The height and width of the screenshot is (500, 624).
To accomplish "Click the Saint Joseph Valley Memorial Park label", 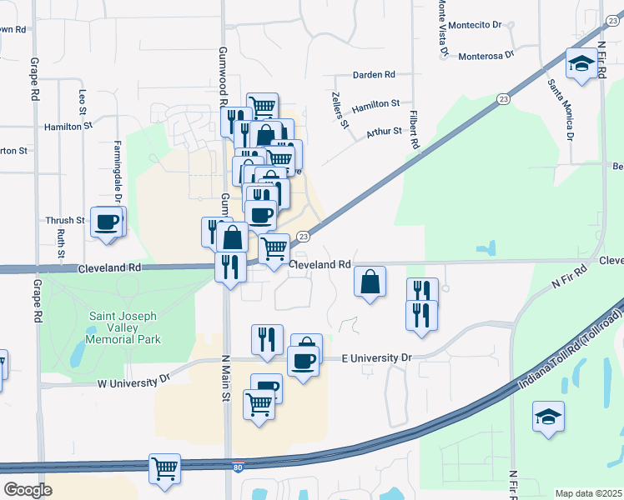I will point(125,327).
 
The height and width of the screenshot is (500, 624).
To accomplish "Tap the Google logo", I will point(28,489).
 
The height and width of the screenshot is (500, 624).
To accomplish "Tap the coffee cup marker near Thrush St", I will point(107,222).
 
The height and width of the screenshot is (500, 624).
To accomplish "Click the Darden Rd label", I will point(373,75).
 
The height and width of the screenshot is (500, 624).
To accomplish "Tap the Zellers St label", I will point(340,110).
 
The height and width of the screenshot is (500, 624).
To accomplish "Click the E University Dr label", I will point(377,358).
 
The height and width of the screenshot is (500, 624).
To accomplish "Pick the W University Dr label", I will point(134,381).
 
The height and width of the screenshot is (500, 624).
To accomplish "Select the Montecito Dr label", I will point(475,25).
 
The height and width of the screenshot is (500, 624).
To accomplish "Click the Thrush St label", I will point(65,221).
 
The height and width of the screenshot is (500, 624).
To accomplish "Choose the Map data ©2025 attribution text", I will point(587,493).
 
